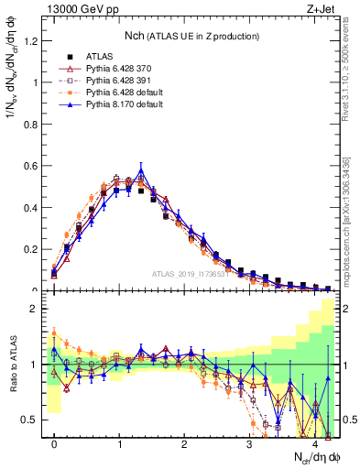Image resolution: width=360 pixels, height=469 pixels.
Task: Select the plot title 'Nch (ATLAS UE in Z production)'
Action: (x=190, y=36)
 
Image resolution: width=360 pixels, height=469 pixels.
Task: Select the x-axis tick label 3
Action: (x=249, y=443)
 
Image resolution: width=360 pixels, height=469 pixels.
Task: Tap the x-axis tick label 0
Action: (x=54, y=443)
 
